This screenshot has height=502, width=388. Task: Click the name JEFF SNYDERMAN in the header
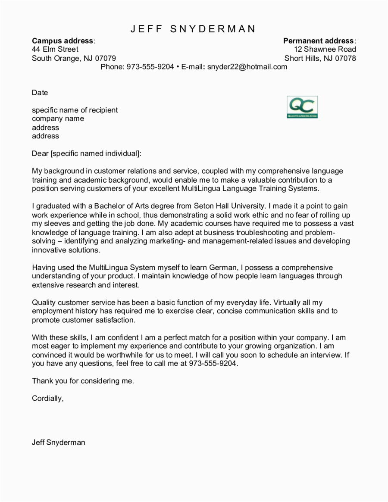tap(193, 29)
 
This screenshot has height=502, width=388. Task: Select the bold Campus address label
tap(63, 41)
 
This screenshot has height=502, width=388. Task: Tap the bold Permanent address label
tap(319, 41)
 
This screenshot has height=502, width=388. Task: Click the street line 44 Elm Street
tap(55, 50)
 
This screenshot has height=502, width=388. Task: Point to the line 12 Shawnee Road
tap(325, 50)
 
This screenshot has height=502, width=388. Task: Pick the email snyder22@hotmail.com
tap(247, 67)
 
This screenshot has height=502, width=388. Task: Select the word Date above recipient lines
tap(40, 93)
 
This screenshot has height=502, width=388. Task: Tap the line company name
tap(58, 118)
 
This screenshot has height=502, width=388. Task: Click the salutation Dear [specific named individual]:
tap(87, 153)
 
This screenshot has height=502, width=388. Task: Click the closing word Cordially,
tap(48, 399)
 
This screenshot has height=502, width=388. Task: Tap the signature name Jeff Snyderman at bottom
tap(59, 443)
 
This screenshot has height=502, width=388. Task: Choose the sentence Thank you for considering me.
tap(83, 381)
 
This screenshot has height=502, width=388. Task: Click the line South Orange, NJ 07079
tap(74, 58)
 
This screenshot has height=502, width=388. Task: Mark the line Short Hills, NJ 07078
tap(320, 58)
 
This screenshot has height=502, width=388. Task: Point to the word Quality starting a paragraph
tap(44, 302)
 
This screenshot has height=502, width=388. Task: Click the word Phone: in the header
tap(113, 67)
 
